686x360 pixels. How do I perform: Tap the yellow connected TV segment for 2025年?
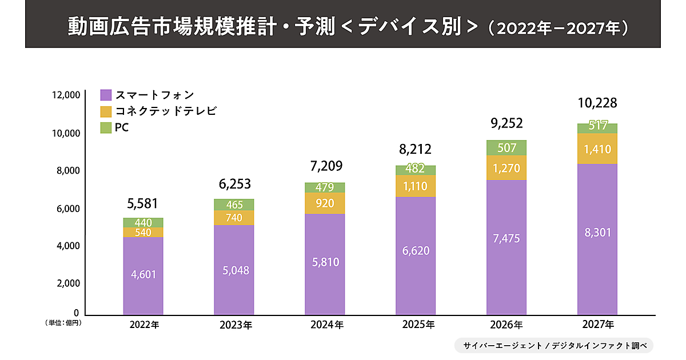pos(416,186)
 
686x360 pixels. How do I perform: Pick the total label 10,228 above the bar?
pos(597,103)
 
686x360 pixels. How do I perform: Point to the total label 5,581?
pos(143,203)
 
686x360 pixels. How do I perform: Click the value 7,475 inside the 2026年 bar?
pos(506,238)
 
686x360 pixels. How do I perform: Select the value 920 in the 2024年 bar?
pos(325,202)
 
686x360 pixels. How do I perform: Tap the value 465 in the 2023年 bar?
pos(234,204)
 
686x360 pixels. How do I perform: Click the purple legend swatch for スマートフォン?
pos(106,95)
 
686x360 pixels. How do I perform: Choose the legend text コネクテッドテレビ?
pos(166,111)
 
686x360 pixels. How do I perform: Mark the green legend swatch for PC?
pos(106,127)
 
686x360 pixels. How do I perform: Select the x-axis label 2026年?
pos(506,326)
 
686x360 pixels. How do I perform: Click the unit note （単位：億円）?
pos(64,323)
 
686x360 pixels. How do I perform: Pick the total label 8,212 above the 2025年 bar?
pos(416,150)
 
